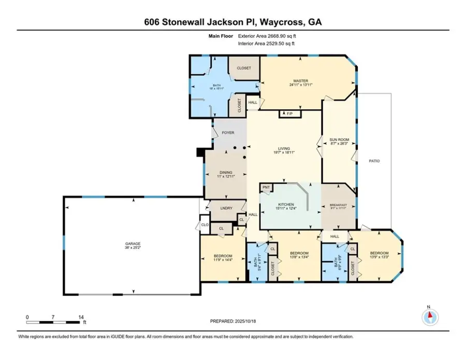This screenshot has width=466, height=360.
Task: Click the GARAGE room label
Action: [x=132, y=243]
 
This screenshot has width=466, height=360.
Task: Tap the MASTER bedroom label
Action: [x=300, y=81]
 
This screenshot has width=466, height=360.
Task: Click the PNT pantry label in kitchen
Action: [x=266, y=187]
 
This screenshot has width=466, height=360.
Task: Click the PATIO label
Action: [x=374, y=161]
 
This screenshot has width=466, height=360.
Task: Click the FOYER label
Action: [x=228, y=133]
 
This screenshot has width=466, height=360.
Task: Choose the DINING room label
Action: [x=225, y=172]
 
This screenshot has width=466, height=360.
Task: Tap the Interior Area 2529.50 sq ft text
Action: [x=266, y=44]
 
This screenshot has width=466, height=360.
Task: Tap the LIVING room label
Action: [x=284, y=150]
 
